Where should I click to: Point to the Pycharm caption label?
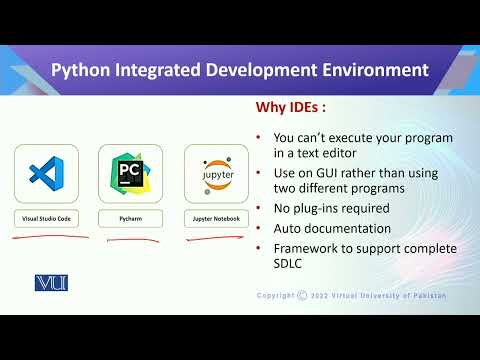coord(131,217)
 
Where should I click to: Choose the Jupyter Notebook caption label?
coord(216,217)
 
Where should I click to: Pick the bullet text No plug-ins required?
coord(330,208)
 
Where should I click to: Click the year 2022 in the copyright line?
coord(323,296)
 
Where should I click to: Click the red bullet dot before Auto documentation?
coord(259,227)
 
